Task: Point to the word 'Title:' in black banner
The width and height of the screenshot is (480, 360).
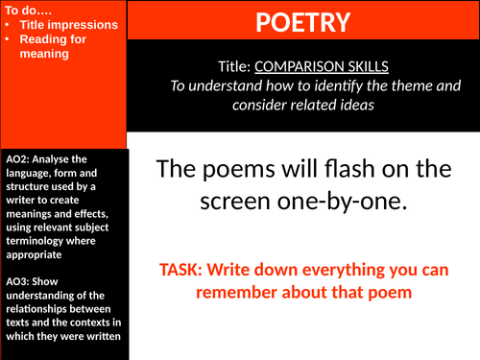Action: pos(234,66)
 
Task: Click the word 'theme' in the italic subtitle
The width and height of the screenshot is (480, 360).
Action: pos(415,84)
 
